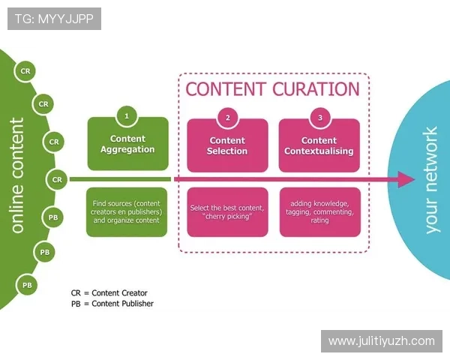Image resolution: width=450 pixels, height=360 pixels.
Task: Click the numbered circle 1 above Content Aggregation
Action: [x=127, y=116]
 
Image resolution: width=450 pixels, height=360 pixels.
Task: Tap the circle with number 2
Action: [x=227, y=117]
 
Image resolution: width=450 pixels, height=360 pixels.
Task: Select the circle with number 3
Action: [x=319, y=117]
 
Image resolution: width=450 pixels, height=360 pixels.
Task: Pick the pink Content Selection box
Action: [x=227, y=145]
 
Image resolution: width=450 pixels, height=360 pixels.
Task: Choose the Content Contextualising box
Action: [x=319, y=145]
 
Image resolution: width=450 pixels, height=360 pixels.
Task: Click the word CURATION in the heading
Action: [x=315, y=89]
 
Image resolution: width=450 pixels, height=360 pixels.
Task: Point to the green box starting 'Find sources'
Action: [x=127, y=212]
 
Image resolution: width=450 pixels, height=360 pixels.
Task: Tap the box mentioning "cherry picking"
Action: [x=227, y=212]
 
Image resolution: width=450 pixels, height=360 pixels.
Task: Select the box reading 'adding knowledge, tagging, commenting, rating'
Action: [x=319, y=212]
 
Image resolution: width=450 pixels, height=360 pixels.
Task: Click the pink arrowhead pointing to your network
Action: [x=406, y=179]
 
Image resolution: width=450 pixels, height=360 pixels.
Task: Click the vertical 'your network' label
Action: [x=431, y=180]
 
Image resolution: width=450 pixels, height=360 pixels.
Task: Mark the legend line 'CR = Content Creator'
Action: [x=110, y=292]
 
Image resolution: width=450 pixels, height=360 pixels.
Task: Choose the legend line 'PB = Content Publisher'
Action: [x=112, y=304]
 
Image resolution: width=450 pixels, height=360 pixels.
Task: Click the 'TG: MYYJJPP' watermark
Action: [x=53, y=19]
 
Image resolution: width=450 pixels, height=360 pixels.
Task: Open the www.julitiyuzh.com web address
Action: [x=381, y=341]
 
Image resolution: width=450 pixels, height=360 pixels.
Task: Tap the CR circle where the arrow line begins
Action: [x=57, y=179]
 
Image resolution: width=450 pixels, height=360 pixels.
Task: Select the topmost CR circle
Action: [x=26, y=71]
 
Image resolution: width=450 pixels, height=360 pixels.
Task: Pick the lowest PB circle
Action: [x=27, y=285]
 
